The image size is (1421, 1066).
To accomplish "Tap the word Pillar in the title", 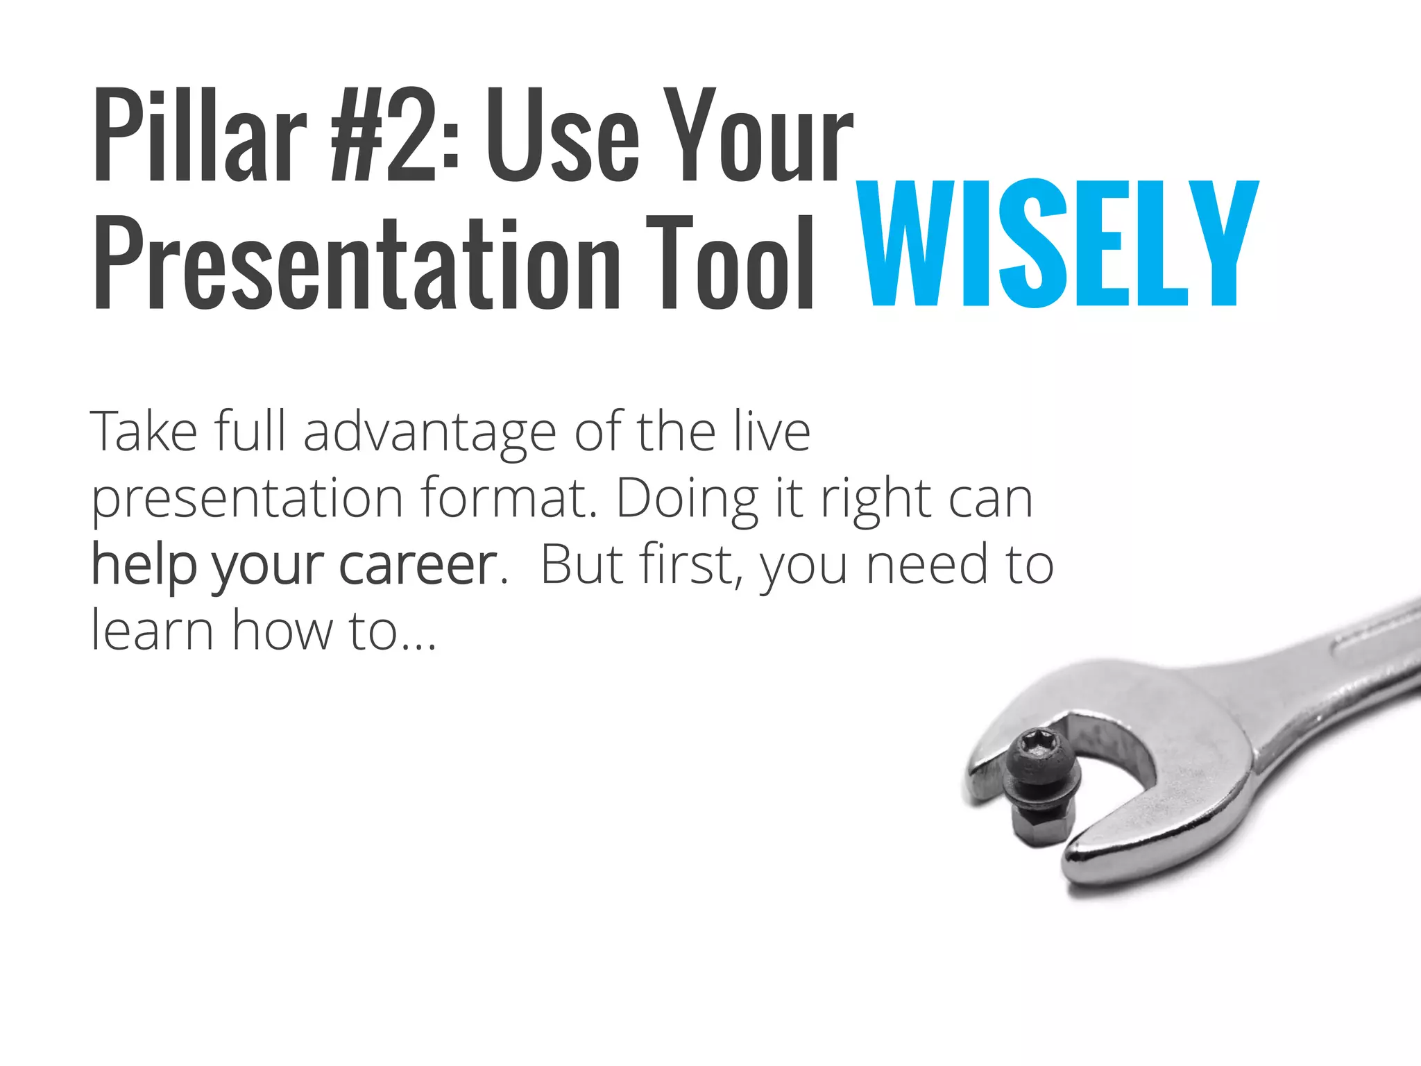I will [200, 135].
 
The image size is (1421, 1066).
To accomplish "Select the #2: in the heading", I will [394, 135].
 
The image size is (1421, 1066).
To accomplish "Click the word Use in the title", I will [562, 135].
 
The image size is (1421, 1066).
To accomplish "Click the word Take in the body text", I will [144, 432].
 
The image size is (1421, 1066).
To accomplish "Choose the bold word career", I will [418, 565].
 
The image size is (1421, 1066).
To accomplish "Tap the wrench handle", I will [1339, 666].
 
